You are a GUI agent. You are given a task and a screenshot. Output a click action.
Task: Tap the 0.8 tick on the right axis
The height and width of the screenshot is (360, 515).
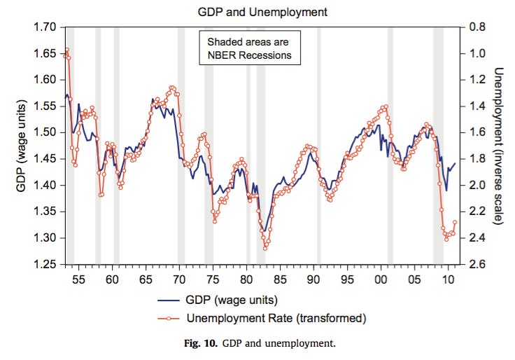pyautogui.click(x=477, y=27)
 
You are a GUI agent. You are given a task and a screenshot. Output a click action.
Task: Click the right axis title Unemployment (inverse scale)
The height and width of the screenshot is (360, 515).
pyautogui.click(x=499, y=146)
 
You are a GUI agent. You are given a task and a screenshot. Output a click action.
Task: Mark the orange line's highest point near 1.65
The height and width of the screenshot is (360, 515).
pyautogui.click(x=66, y=50)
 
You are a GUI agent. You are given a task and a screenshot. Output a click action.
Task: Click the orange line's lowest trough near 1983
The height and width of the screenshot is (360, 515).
pyautogui.click(x=265, y=248)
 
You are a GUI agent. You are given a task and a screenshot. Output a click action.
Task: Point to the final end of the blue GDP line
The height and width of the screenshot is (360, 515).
pyautogui.click(x=455, y=163)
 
